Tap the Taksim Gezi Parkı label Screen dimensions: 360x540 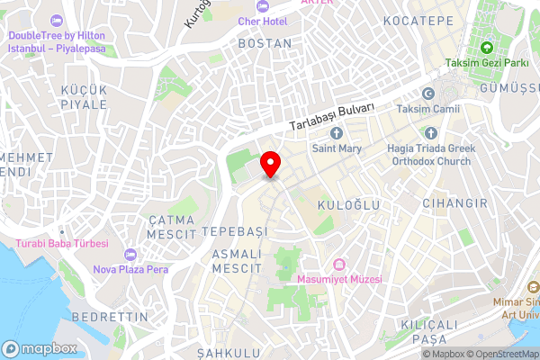pos(486,63)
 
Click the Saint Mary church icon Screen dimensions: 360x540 pos(336,133)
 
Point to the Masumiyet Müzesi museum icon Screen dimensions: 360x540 pos(339,265)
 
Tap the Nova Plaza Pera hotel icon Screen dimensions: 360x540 pos(131,254)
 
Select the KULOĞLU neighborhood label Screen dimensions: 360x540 pos(342,206)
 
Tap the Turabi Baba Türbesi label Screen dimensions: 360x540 pos(61,244)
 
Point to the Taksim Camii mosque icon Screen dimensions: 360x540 pos(428,94)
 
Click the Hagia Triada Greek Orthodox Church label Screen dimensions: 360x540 pos(429,155)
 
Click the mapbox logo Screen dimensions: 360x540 pos(39,348)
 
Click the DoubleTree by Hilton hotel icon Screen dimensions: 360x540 pos(57,19)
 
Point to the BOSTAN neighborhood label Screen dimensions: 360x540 pos(265,42)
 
